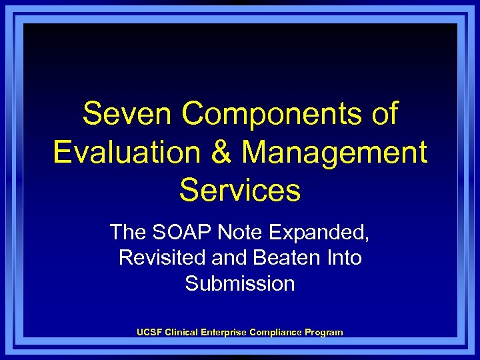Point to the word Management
pyautogui.click(x=334, y=152)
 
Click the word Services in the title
pyautogui.click(x=240, y=190)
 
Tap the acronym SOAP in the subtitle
pyautogui.click(x=176, y=232)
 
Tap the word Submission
pyautogui.click(x=240, y=283)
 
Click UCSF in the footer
pyautogui.click(x=149, y=332)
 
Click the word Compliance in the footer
pyautogui.click(x=276, y=332)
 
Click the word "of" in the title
pyautogui.click(x=383, y=114)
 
